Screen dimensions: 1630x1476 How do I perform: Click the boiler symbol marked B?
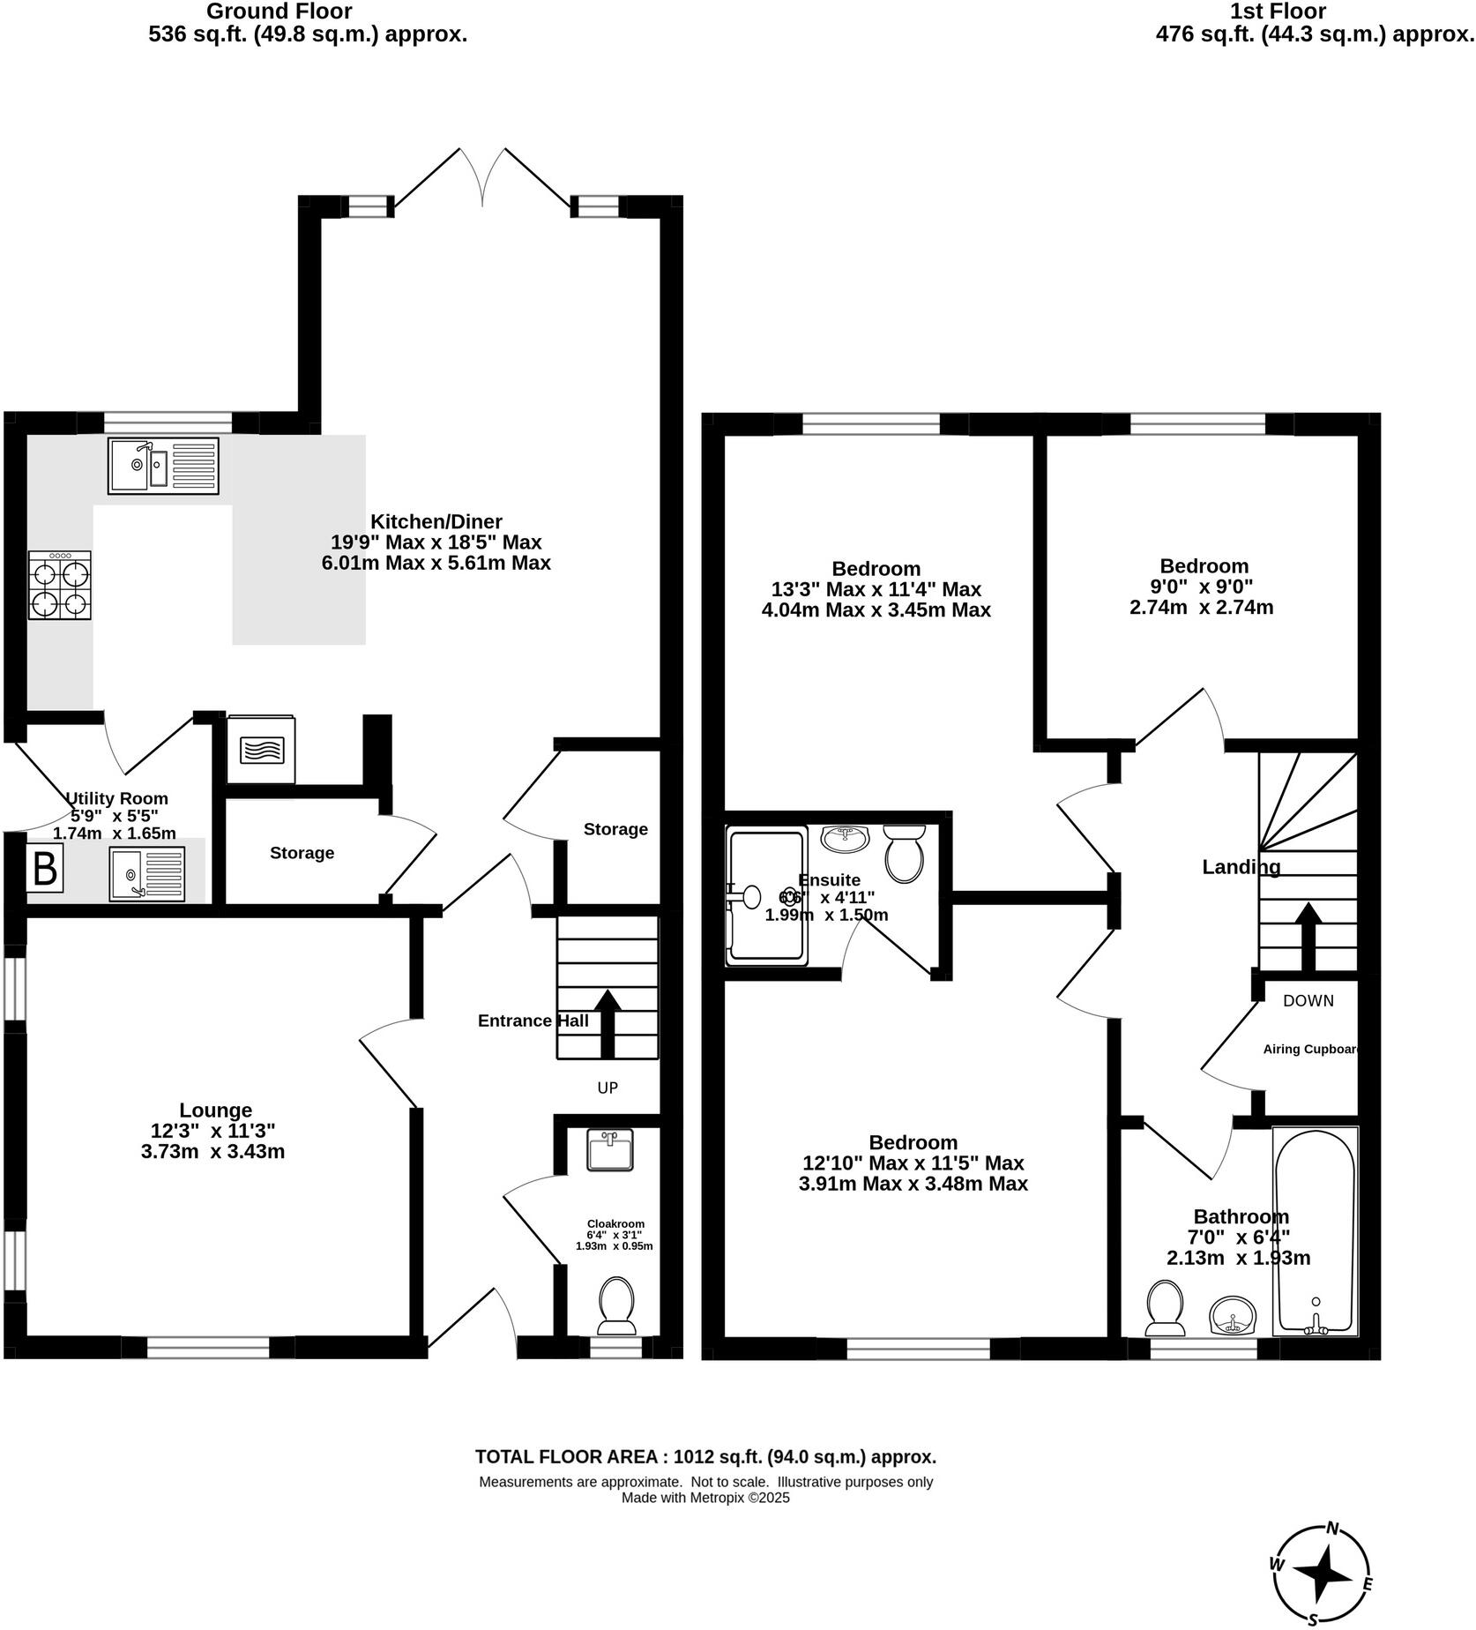tap(45, 869)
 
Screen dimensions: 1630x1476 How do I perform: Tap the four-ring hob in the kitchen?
tap(60, 586)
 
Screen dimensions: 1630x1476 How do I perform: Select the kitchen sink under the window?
tap(164, 467)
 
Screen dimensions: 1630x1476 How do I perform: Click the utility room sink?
tap(147, 873)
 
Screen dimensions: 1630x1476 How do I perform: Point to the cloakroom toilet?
tap(616, 1306)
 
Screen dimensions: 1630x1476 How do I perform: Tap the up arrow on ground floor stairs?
tap(607, 1022)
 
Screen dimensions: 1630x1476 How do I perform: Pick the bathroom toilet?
tap(1165, 1308)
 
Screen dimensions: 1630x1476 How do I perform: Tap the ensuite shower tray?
tap(765, 895)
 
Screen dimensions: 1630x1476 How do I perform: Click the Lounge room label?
tap(215, 1110)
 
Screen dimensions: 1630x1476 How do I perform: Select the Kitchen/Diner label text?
tap(436, 521)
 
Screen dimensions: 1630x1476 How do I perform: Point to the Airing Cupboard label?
tap(1310, 1050)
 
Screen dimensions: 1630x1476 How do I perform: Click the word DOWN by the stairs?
tap(1308, 1000)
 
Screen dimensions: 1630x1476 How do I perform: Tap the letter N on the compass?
tap(1333, 1529)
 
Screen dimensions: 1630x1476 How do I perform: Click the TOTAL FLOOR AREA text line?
tap(705, 1457)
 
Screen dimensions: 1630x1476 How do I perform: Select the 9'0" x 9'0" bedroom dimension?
tap(1203, 587)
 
